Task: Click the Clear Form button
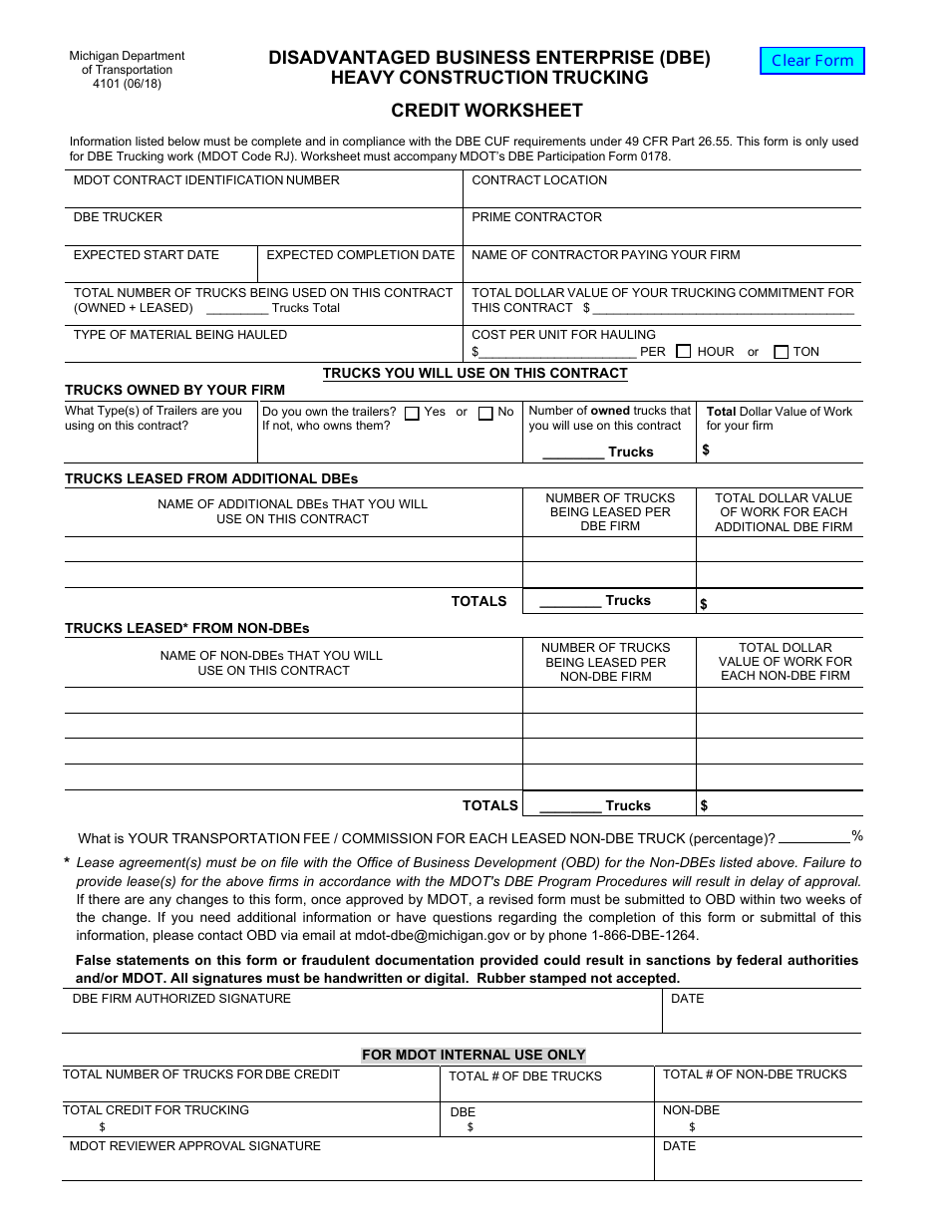[812, 61]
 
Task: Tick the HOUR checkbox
[683, 351]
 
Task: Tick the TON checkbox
[781, 351]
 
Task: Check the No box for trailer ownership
[485, 413]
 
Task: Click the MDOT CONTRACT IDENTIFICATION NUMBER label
[206, 180]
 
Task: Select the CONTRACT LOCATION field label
[538, 180]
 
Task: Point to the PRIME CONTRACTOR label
[536, 217]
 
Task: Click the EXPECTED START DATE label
[147, 255]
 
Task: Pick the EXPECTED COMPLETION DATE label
[360, 255]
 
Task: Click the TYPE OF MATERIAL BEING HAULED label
[180, 335]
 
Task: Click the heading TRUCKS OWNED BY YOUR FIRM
[174, 390]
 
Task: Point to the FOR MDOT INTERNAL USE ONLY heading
[473, 1055]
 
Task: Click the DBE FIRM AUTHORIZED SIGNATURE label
[182, 999]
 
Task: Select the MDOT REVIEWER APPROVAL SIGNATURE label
[195, 1146]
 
